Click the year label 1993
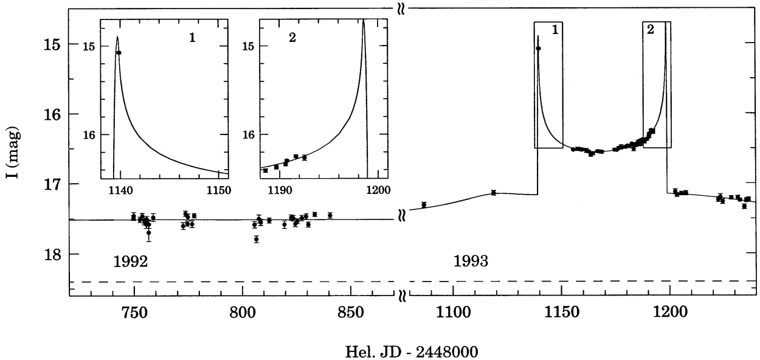[x=471, y=262]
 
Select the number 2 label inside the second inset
[x=292, y=38]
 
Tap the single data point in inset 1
[x=119, y=53]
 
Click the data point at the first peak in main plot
[x=538, y=48]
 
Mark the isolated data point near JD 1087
[x=424, y=204]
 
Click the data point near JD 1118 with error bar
[x=494, y=193]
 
